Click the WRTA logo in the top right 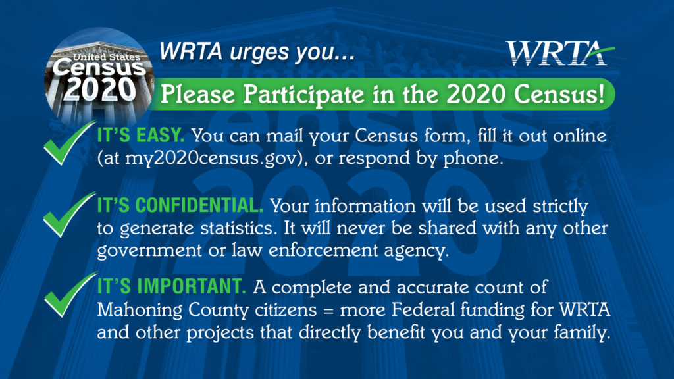[x=560, y=53]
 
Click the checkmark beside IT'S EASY [x=69, y=143]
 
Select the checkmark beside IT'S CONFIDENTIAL [x=68, y=215]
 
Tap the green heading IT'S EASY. [x=141, y=136]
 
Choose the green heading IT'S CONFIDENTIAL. [x=180, y=205]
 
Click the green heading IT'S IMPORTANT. [x=171, y=286]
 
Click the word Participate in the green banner [x=303, y=95]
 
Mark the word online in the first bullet [x=579, y=136]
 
